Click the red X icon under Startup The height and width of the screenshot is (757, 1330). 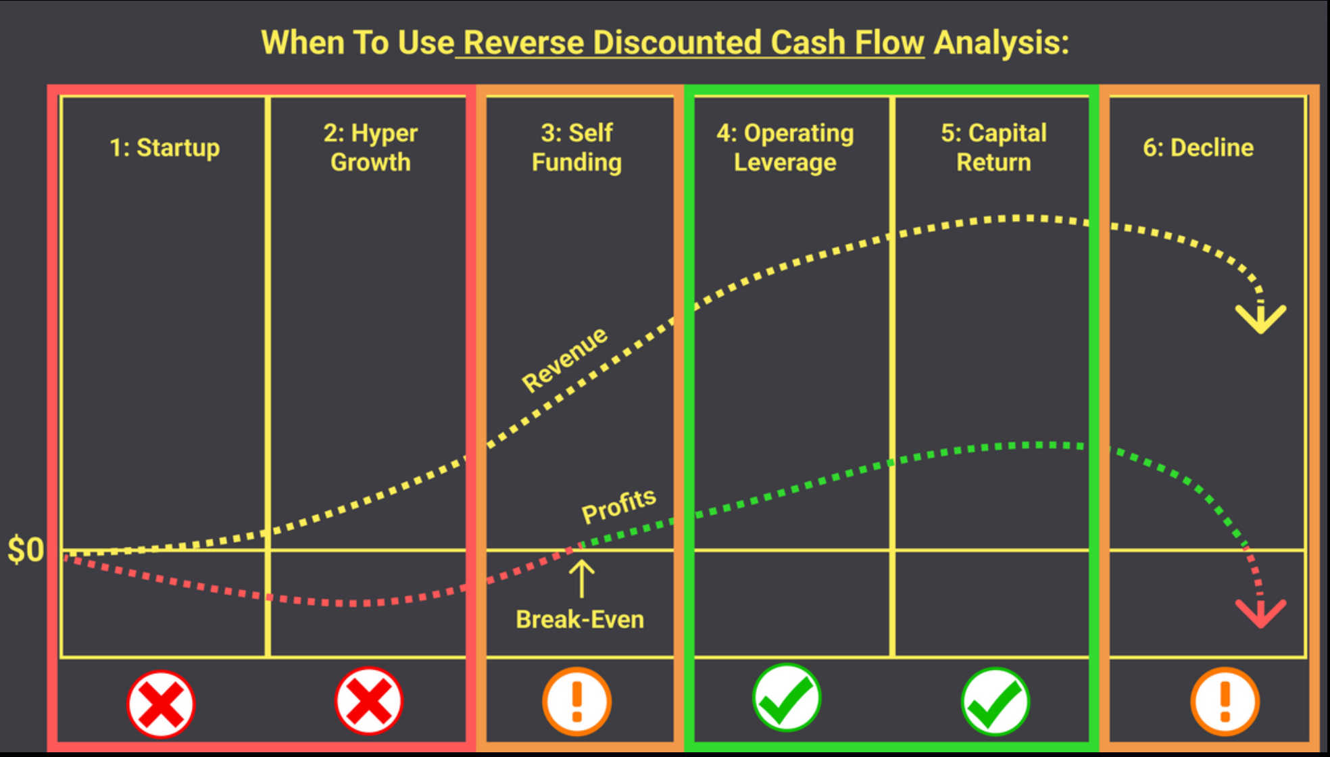[161, 704]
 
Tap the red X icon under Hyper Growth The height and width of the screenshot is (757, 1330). [369, 701]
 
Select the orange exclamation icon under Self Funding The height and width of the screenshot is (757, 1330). [576, 702]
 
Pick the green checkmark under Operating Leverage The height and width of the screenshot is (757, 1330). [786, 698]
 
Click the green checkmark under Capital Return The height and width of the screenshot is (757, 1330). [995, 702]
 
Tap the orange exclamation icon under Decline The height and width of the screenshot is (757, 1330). [1225, 702]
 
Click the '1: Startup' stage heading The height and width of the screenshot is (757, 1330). [165, 147]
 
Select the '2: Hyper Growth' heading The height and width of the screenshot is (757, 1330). [370, 147]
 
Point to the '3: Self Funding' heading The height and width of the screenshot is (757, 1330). [576, 147]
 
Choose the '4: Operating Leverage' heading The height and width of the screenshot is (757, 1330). [785, 147]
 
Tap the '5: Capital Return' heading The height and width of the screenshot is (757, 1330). [993, 147]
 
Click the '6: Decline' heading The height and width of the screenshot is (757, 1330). [1198, 147]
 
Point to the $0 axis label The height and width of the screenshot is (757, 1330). [26, 550]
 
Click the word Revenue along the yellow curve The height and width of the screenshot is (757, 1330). [565, 360]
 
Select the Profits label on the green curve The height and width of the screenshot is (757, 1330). [619, 506]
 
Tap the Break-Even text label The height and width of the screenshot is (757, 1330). [580, 619]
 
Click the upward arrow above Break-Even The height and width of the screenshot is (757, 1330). [581, 579]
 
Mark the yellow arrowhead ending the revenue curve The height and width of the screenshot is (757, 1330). [1261, 322]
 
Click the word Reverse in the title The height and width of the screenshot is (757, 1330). [524, 43]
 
